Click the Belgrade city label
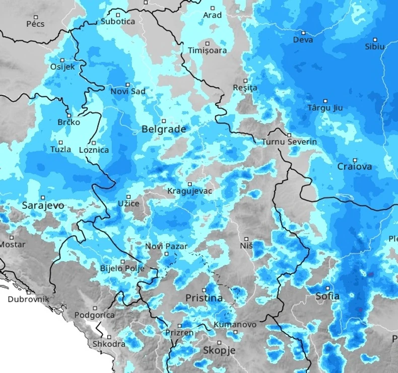163,130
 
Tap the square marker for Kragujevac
190,184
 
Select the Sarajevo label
43,206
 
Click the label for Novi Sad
128,92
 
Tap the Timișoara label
207,51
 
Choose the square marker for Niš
247,239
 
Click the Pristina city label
204,298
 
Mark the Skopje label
219,350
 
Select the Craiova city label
354,167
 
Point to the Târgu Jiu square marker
325,101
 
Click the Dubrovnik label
28,299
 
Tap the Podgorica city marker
95,308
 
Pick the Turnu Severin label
289,142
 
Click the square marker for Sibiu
375,39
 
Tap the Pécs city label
35,24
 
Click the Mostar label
12,244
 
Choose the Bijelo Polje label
122,269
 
